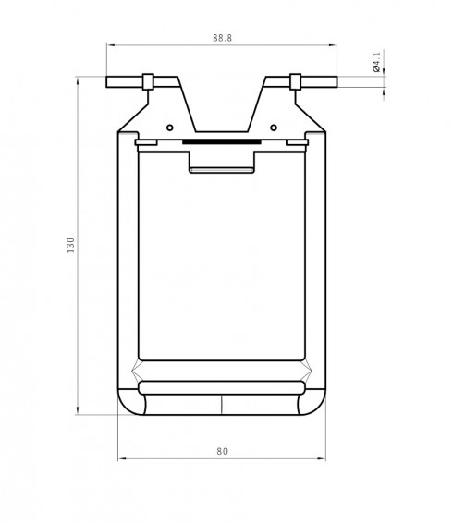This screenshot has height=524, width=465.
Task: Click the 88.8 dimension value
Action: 222,38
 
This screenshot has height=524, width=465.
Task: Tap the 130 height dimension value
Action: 70,245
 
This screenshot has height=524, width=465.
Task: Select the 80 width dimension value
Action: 222,451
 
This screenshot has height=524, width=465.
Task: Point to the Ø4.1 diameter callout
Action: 376,62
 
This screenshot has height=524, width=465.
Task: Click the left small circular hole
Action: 170,128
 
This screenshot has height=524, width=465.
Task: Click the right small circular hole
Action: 274,128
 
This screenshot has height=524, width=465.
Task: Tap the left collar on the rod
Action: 148,81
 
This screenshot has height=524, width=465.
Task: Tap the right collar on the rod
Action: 295,81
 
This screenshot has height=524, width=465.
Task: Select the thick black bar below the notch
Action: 221,142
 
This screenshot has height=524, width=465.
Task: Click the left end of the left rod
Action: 106,82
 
